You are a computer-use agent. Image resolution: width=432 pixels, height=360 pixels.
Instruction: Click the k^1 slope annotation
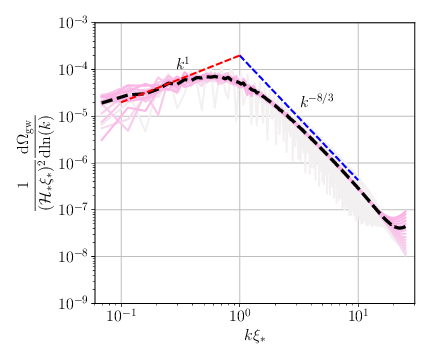pos(183,64)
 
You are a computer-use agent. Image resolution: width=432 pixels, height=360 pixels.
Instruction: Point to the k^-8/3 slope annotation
pos(318,101)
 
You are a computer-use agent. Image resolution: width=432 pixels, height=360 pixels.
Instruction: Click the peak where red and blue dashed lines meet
pos(240,55)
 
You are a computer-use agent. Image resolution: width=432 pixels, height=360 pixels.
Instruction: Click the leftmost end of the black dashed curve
pos(101,102)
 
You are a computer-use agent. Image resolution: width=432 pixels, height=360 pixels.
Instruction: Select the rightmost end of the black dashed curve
pos(405,226)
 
